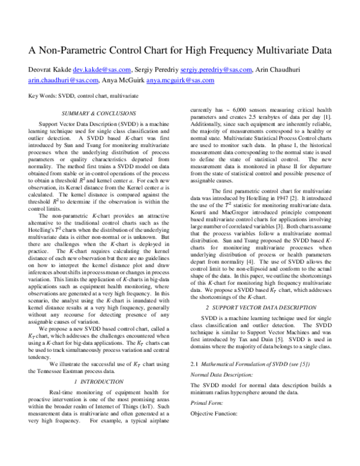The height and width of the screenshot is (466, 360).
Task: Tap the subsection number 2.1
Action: (x=194, y=364)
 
